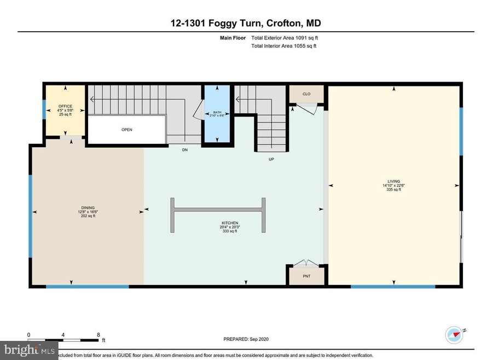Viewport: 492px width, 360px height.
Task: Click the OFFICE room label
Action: (x=65, y=107)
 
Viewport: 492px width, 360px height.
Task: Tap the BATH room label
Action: (x=218, y=112)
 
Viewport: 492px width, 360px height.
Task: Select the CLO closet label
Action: (x=306, y=94)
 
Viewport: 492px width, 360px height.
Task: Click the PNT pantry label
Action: (x=306, y=276)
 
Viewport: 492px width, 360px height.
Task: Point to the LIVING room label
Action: (x=393, y=181)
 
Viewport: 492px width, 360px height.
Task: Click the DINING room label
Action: (x=88, y=207)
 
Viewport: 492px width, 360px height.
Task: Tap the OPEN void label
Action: (x=127, y=130)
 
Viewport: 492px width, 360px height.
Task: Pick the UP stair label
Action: (x=271, y=159)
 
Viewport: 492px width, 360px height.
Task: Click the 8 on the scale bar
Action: (x=99, y=335)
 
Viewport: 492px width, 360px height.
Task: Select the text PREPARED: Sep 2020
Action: (x=246, y=339)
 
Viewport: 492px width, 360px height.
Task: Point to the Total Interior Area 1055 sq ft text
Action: (x=283, y=46)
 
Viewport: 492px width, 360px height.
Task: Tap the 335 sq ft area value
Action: (x=393, y=190)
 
